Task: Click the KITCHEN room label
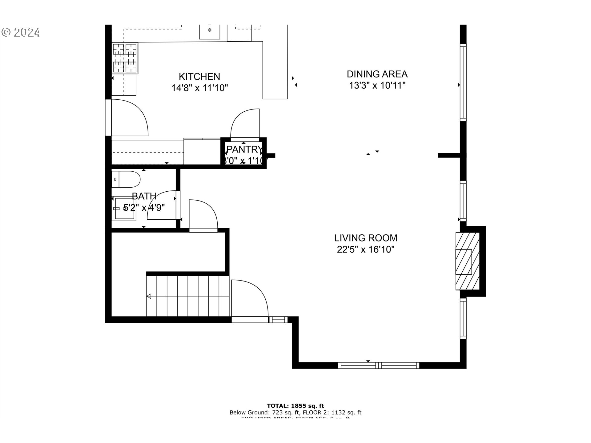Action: click(199, 77)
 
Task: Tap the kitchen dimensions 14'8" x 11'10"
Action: click(199, 88)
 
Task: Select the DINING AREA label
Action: click(377, 74)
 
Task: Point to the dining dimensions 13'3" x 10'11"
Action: click(377, 86)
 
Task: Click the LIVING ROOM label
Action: click(366, 238)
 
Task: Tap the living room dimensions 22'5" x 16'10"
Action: click(366, 249)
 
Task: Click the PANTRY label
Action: click(244, 150)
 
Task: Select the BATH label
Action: click(144, 196)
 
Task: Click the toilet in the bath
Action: click(126, 179)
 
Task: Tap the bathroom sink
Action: click(125, 209)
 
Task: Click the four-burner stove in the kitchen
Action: click(125, 58)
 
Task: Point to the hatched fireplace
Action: click(467, 261)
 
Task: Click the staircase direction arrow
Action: click(149, 296)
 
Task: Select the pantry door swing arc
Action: click(245, 123)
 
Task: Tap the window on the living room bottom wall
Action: click(378, 365)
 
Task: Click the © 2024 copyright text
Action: click(21, 32)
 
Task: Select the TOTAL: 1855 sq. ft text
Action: click(295, 406)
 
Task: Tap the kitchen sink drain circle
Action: click(210, 30)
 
